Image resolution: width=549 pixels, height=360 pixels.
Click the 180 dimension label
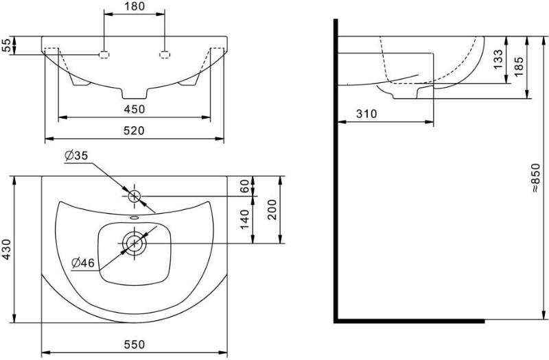click(x=135, y=6)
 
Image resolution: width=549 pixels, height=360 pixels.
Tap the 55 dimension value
click(x=6, y=45)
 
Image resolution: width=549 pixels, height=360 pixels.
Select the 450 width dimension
click(x=135, y=109)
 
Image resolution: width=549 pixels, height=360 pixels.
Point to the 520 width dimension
click(x=135, y=130)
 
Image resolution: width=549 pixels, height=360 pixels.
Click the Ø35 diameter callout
click(x=76, y=156)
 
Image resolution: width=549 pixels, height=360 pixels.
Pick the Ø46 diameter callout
click(x=83, y=262)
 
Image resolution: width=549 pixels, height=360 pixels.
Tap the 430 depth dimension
click(x=6, y=250)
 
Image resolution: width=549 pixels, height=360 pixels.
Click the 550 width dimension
click(x=135, y=345)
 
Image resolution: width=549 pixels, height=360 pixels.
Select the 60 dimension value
click(x=244, y=186)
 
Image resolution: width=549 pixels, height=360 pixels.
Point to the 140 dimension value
click(x=244, y=219)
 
